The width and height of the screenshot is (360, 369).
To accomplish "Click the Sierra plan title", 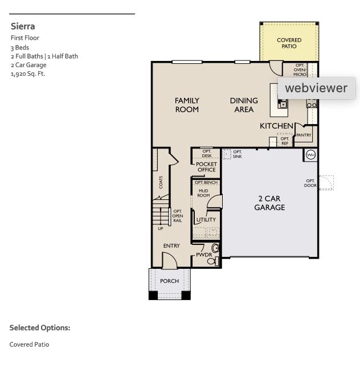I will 23,26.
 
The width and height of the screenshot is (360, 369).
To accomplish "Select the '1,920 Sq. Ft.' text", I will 27,73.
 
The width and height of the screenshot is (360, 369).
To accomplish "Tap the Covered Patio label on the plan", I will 289,43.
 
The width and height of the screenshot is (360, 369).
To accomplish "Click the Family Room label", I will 187,105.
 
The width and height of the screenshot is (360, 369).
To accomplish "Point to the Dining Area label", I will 244,105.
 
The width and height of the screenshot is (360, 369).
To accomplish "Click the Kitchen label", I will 276,126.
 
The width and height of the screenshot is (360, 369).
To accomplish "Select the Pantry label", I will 304,136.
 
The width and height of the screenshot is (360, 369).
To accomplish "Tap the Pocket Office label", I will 206,167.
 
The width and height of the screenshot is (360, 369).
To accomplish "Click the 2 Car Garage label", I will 269,203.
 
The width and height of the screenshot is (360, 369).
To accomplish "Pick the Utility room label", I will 206,220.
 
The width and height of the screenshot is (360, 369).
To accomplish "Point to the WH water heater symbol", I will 310,155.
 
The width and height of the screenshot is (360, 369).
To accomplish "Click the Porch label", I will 169,281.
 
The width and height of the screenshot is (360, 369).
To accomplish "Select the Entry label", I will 171,246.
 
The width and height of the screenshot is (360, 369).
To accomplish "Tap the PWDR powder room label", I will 203,255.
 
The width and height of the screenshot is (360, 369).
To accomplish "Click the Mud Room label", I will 203,193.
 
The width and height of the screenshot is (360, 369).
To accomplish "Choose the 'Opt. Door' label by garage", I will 310,183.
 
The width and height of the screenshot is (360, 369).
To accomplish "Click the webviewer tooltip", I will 316,88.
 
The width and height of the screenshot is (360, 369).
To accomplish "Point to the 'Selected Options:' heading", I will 40,328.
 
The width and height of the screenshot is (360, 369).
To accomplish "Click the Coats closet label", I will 161,182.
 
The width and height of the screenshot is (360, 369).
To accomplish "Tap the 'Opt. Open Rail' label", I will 178,216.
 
